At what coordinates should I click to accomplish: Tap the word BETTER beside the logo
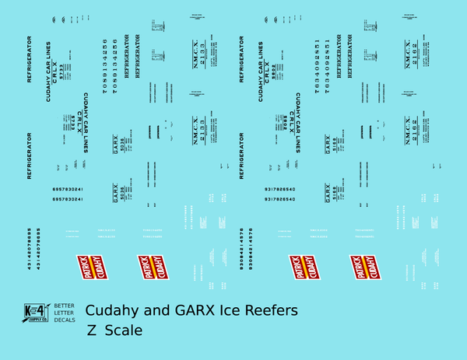pyautogui.click(x=65, y=305)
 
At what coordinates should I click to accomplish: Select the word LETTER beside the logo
pyautogui.click(x=65, y=312)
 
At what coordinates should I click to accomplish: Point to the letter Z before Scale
pyautogui.click(x=93, y=330)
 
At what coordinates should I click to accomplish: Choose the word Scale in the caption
pyautogui.click(x=124, y=330)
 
